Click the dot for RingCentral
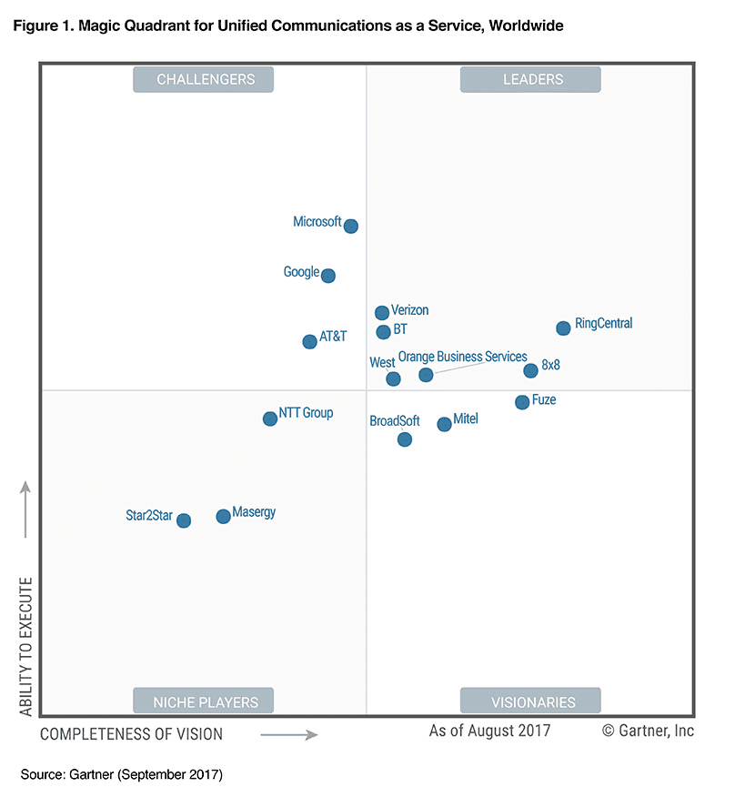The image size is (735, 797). pos(563,328)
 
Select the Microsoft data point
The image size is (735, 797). pos(351,226)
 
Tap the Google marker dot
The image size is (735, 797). pos(328,276)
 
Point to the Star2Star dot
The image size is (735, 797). pos(184,520)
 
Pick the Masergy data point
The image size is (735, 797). pos(223,517)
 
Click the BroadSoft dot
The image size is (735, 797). pos(405,439)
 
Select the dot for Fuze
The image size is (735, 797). pos(522,402)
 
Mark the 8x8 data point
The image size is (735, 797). pos(531,370)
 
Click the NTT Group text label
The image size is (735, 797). pos(306,413)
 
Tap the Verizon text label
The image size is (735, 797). pos(409,310)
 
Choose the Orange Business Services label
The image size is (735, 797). pos(463,357)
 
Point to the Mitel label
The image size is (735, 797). pos(466,419)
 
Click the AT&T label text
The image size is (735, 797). pos(333,337)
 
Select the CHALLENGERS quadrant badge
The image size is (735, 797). pos(204,79)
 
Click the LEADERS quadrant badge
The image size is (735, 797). pos(530,79)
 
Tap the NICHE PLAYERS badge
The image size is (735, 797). pos(204,701)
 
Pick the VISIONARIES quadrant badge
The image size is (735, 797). pos(530,701)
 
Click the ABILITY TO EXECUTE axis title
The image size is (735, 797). pos(25,646)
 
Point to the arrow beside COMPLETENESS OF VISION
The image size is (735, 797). pos(289,734)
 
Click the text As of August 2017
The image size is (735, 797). pos(489,731)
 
